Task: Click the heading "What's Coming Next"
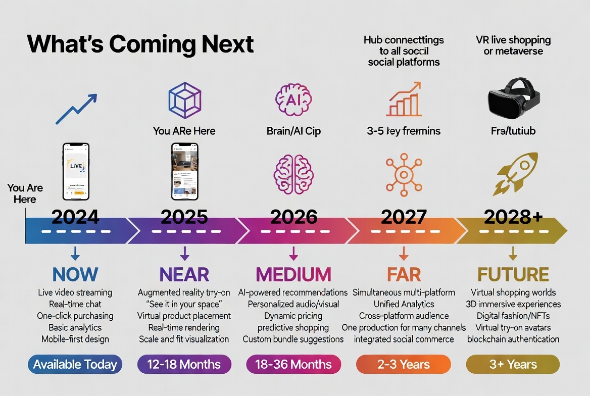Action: pos(140,44)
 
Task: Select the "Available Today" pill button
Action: pos(75,364)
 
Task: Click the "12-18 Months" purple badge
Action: pos(184,364)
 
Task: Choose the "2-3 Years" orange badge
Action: pos(403,364)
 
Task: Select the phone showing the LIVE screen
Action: pos(76,171)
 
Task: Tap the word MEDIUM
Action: pos(293,274)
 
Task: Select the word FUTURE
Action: pos(513,274)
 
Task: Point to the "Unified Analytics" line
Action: pos(404,304)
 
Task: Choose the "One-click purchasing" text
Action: pos(75,316)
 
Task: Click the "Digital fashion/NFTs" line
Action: pos(513,316)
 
